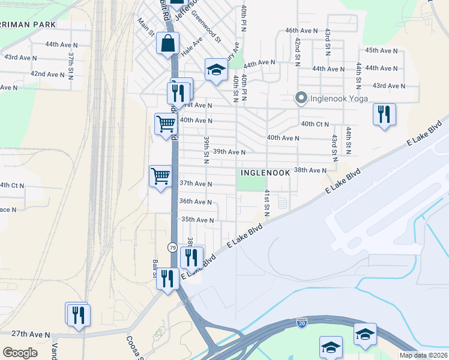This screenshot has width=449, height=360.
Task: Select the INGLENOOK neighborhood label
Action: click(265, 173)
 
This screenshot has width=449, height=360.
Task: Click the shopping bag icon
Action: click(167, 43)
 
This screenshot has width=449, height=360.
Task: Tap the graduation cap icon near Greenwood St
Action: click(216, 70)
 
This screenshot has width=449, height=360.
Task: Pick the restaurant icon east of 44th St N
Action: click(384, 114)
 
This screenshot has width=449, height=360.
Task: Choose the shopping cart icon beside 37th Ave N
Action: click(160, 176)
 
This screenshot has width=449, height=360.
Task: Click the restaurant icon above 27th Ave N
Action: click(78, 314)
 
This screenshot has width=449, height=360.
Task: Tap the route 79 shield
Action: click(172, 247)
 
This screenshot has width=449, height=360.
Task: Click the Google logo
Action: click(20, 352)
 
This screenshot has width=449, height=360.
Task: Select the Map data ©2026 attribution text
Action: click(423, 355)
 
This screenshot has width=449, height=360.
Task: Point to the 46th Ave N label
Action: click(301, 30)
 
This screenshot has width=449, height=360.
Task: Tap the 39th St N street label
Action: click(206, 146)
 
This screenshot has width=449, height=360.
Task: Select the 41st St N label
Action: click(267, 203)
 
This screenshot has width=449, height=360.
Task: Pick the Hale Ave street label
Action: click(192, 46)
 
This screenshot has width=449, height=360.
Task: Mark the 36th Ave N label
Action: click(196, 202)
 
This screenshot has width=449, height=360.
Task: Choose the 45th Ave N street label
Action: click(381, 50)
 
